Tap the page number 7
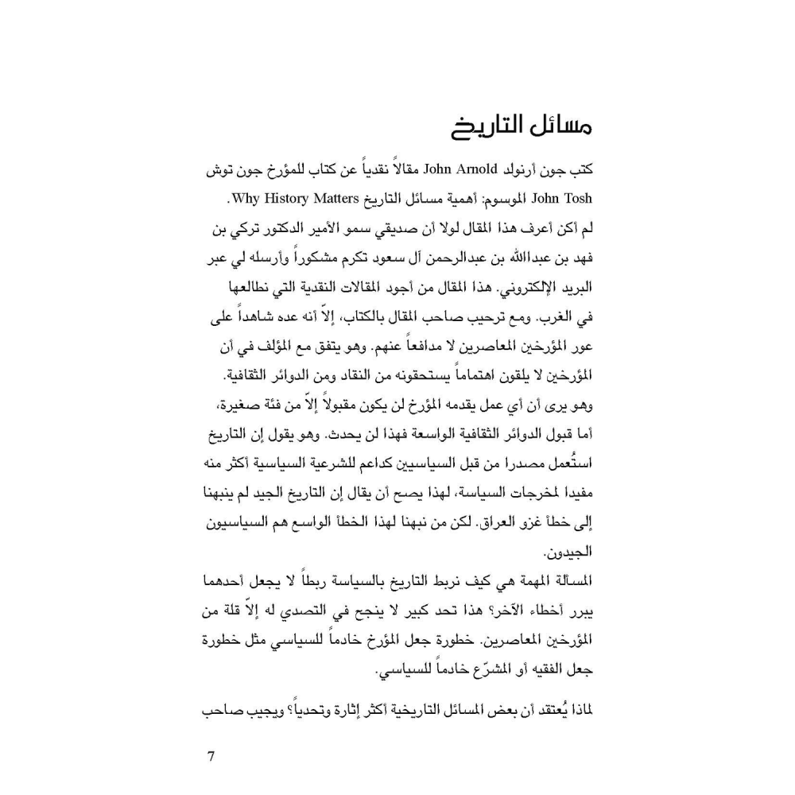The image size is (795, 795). [211, 756]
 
